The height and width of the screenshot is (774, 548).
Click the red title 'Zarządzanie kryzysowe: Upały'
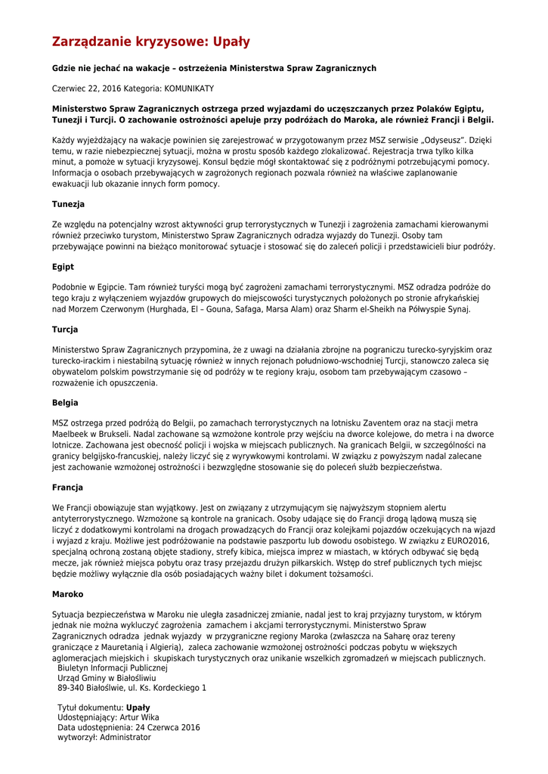(x=150, y=42)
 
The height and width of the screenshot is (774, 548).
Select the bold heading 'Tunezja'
(x=68, y=204)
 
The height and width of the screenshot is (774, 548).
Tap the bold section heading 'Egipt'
(x=63, y=267)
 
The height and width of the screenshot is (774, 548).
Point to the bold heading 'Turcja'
(x=65, y=330)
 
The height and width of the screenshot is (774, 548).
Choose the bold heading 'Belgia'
(x=65, y=403)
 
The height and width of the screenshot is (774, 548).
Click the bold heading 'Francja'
(x=67, y=488)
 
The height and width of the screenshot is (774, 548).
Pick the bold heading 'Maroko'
(x=67, y=594)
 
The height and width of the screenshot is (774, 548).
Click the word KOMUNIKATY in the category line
(x=189, y=88)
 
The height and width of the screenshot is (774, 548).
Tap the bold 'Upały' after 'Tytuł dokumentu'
(x=138, y=707)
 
